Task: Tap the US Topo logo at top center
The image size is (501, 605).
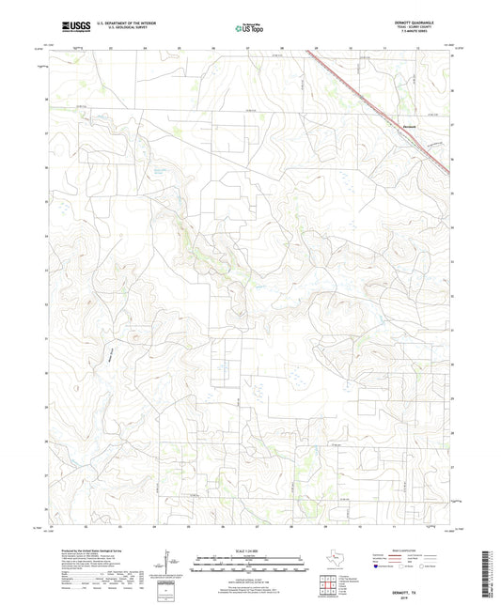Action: point(249,29)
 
